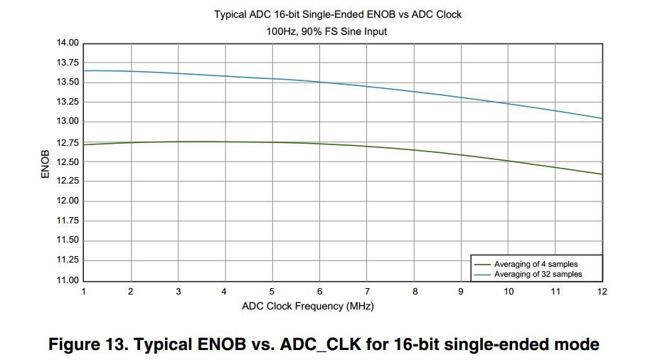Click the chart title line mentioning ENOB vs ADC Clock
click(338, 14)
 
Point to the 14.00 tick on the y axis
click(68, 43)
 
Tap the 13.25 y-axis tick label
click(68, 102)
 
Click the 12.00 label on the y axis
click(68, 201)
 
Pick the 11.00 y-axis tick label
click(68, 280)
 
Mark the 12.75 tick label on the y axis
click(68, 142)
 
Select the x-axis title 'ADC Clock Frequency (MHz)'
click(307, 306)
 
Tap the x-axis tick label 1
click(84, 291)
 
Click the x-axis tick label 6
click(319, 291)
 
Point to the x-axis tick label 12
click(602, 291)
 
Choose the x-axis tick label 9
click(461, 291)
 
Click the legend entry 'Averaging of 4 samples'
click(536, 265)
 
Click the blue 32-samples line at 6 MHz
click(319, 82)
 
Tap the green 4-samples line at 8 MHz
click(414, 150)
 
